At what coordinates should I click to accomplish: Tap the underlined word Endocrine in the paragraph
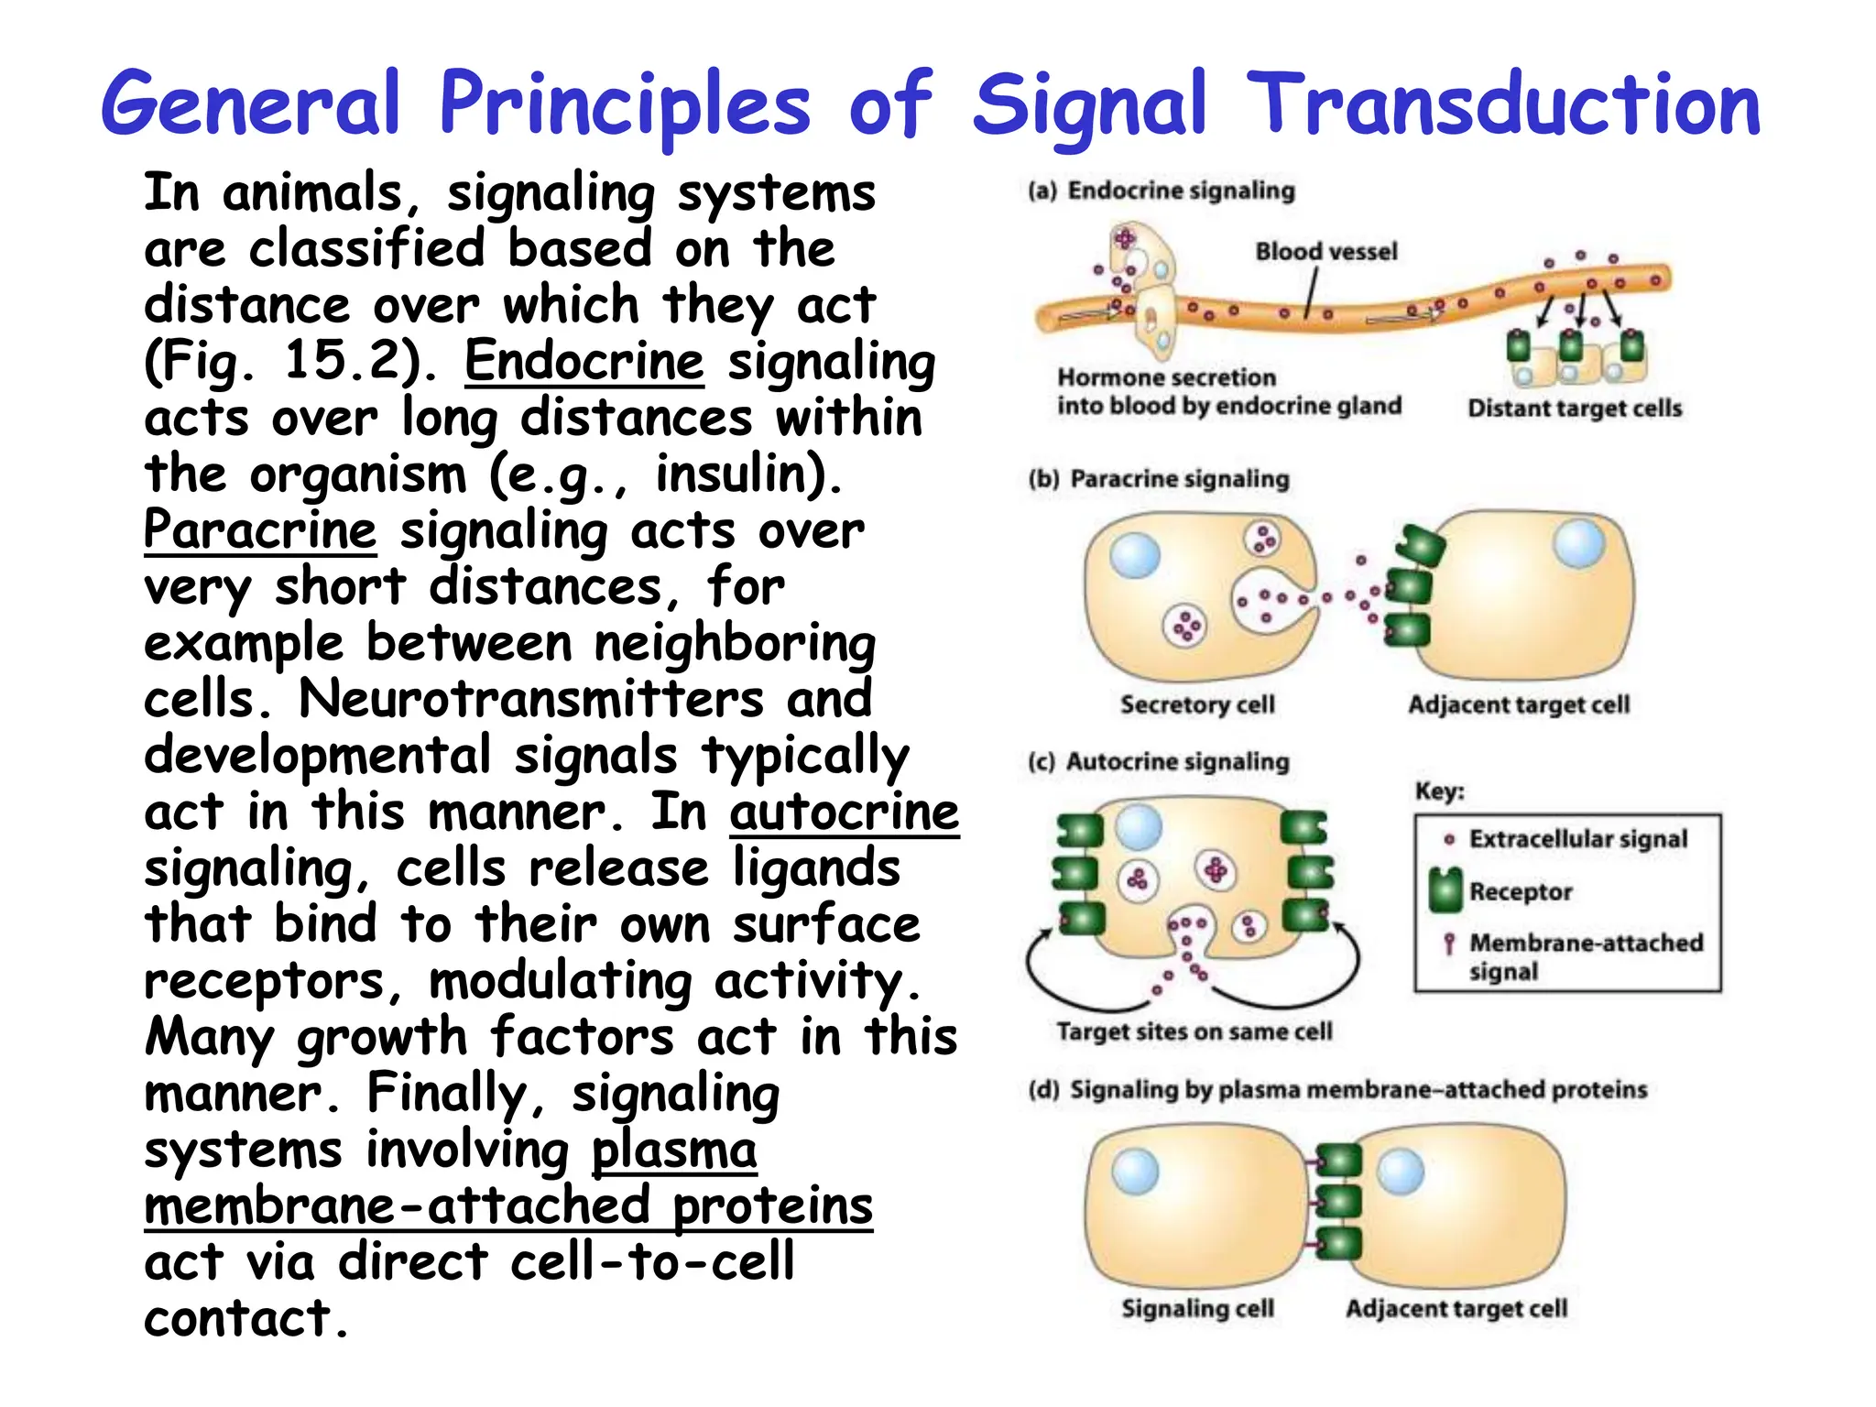coord(584,361)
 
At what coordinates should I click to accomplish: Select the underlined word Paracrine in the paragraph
coord(260,530)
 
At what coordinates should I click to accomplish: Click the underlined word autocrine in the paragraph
coord(844,812)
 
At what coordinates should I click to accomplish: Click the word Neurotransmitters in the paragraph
coord(531,699)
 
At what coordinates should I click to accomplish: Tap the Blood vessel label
coord(1325,251)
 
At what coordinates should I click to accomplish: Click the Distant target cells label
coord(1575,409)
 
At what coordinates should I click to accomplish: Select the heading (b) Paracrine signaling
coord(1159,479)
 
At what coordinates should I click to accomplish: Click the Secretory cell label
coord(1197,704)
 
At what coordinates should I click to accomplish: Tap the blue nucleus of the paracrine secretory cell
coord(1135,556)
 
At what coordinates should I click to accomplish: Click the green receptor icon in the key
coord(1445,890)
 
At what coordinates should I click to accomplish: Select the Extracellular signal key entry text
coord(1577,839)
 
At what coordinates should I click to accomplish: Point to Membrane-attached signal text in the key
coord(1585,955)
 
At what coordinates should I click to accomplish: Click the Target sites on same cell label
coord(1194,1031)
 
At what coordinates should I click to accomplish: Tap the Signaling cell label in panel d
coord(1197,1308)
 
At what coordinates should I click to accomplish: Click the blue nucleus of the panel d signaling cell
coord(1135,1172)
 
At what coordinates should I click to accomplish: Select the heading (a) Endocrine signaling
coord(1162,191)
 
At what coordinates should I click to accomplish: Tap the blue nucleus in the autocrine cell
coord(1139,827)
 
